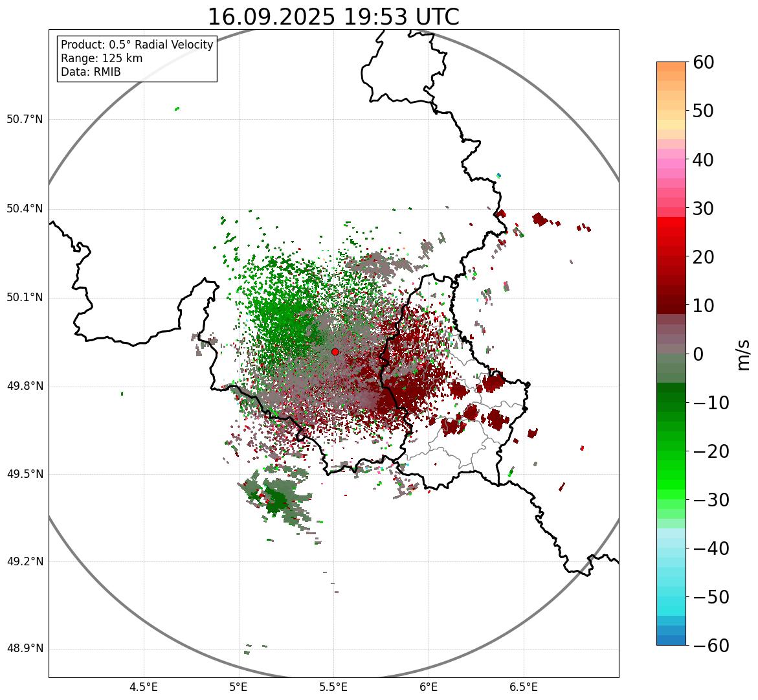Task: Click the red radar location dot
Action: pyautogui.click(x=335, y=352)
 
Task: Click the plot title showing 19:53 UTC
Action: pyautogui.click(x=333, y=17)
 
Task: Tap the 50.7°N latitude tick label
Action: pyautogui.click(x=25, y=120)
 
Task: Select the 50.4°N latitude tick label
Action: pyautogui.click(x=25, y=209)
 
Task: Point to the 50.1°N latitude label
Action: pyautogui.click(x=25, y=298)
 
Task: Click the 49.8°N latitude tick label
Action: pyautogui.click(x=25, y=387)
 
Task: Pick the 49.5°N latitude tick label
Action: pyautogui.click(x=25, y=474)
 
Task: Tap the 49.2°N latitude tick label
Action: pyautogui.click(x=25, y=561)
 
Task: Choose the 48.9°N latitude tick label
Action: pyautogui.click(x=25, y=649)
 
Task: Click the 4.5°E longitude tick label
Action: pyautogui.click(x=144, y=687)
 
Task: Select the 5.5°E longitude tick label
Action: pyautogui.click(x=333, y=687)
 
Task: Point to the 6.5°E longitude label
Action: pyautogui.click(x=523, y=687)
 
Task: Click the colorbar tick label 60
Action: pyautogui.click(x=704, y=63)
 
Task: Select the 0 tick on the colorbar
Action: pyautogui.click(x=698, y=354)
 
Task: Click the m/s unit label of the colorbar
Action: pyautogui.click(x=743, y=354)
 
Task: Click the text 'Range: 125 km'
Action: pyautogui.click(x=102, y=58)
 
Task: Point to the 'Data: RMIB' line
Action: pyautogui.click(x=91, y=72)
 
